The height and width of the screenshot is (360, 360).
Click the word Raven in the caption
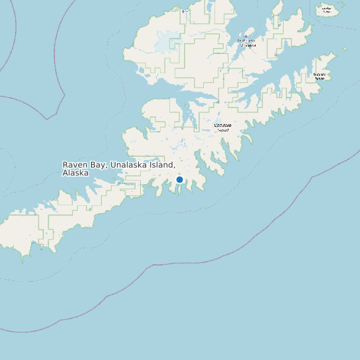click(75, 165)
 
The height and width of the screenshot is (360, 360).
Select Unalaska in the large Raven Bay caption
click(132, 165)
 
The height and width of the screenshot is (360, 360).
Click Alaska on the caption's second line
click(75, 173)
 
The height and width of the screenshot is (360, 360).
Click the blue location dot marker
click(179, 180)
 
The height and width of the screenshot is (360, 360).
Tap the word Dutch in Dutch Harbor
click(242, 41)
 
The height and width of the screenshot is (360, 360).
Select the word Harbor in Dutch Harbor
click(251, 41)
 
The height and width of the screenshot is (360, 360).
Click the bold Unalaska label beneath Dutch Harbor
click(246, 45)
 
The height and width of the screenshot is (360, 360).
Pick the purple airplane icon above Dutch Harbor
click(246, 37)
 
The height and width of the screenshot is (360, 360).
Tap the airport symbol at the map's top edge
click(184, 11)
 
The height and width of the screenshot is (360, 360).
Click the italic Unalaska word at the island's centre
click(223, 125)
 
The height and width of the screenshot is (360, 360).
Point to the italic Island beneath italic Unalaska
click(223, 130)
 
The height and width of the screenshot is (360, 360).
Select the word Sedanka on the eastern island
click(319, 74)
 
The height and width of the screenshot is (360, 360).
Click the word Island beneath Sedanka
click(319, 78)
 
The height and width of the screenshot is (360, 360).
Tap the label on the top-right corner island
click(326, 9)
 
